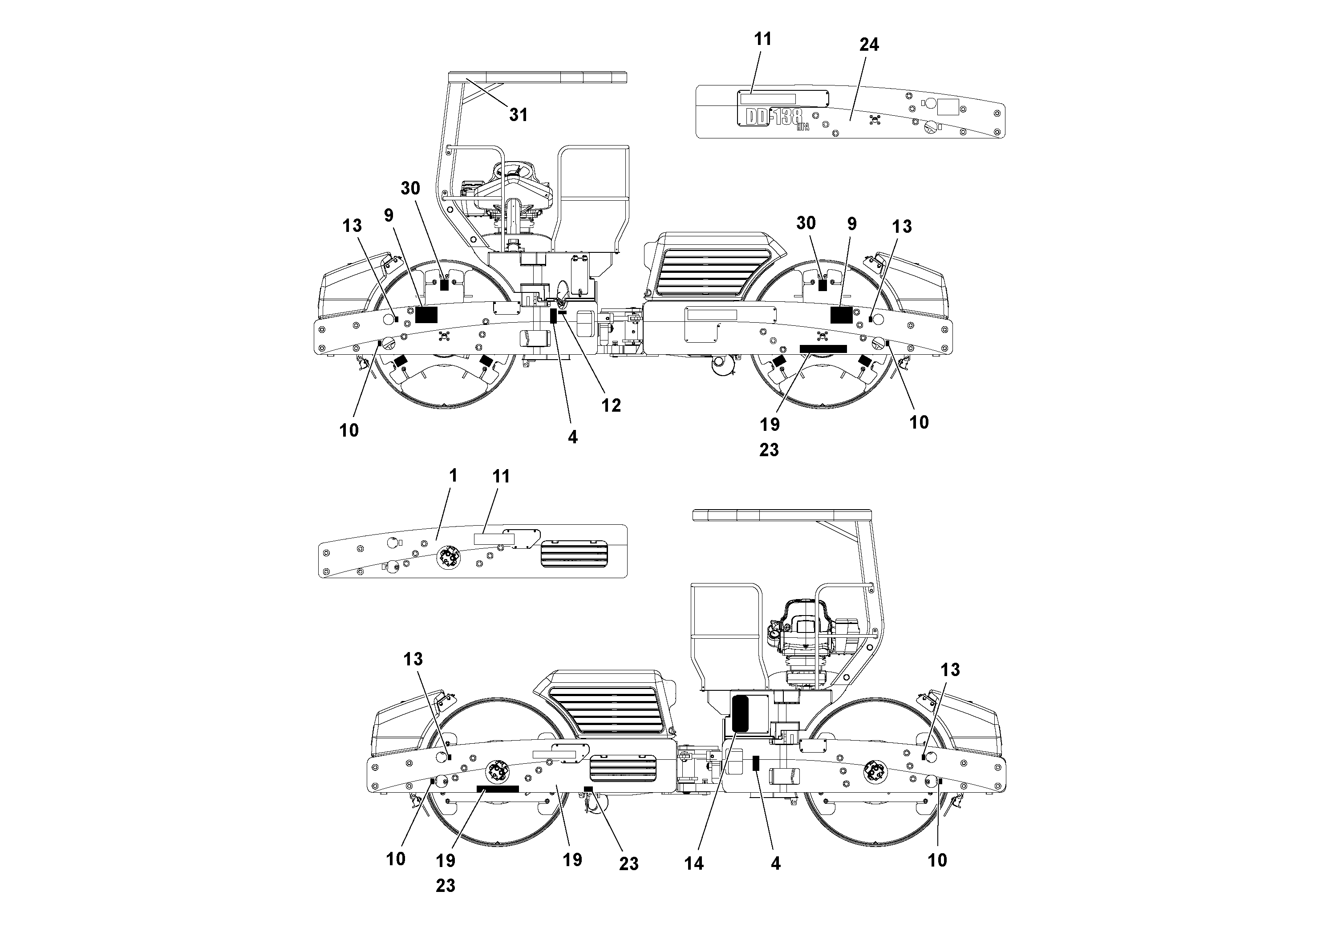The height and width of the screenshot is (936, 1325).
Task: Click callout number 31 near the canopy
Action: pos(518,115)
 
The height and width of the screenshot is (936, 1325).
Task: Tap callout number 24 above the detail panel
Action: pos(869,45)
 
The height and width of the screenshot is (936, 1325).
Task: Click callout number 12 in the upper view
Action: pos(611,405)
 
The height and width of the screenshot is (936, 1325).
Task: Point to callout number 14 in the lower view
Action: pos(694,863)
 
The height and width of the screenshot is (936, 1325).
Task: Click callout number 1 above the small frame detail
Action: pos(453,475)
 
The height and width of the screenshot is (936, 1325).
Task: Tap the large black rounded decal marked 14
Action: pos(740,713)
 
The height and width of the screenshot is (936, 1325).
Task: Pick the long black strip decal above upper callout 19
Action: pos(823,349)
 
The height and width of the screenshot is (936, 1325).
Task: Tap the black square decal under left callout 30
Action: pos(444,284)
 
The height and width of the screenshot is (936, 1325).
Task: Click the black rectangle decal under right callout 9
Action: pos(841,315)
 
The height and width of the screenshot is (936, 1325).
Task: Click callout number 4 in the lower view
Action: pos(776,863)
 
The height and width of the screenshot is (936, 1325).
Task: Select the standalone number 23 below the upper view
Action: pos(769,450)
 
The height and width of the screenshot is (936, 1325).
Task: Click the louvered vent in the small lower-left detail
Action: pos(574,554)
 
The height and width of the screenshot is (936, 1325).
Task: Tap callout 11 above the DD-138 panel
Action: pos(762,39)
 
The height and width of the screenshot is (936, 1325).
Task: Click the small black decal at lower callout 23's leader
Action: pos(588,789)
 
